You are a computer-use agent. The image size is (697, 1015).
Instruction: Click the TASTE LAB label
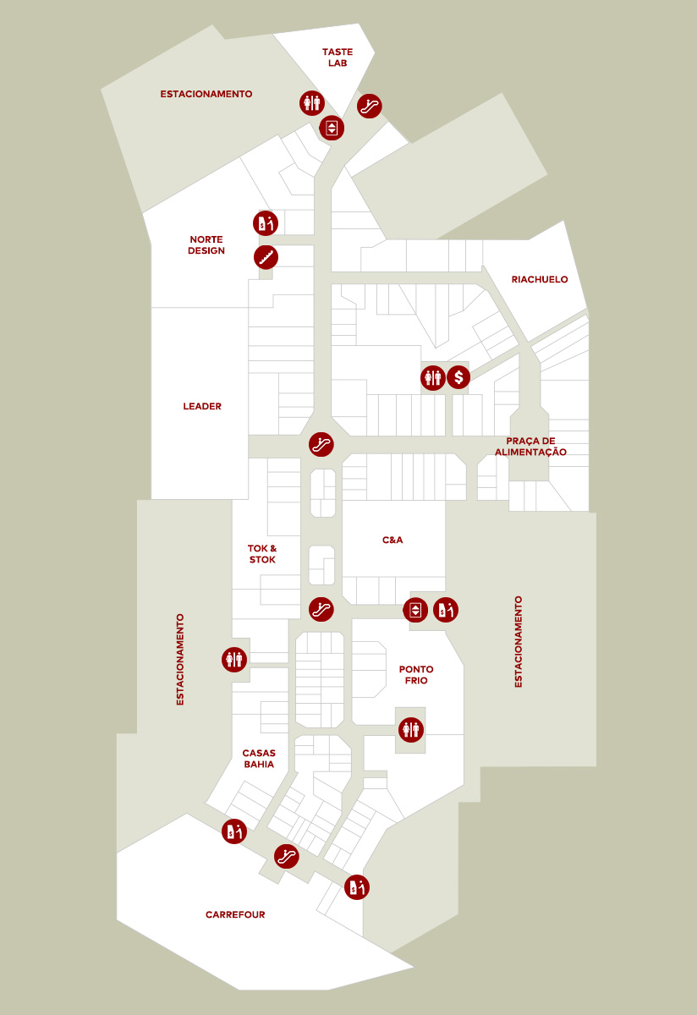click(x=337, y=58)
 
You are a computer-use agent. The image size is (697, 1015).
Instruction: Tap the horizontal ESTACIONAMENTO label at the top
click(x=206, y=94)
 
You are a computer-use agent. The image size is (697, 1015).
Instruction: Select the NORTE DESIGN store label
click(x=206, y=245)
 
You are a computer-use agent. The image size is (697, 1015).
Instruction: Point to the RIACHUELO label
click(x=540, y=279)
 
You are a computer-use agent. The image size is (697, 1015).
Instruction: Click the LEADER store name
click(x=202, y=407)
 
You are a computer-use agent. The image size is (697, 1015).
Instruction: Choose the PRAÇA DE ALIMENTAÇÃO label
click(x=536, y=447)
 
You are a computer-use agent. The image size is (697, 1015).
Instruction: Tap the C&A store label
click(x=392, y=540)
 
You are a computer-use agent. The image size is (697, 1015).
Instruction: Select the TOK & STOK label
click(x=262, y=554)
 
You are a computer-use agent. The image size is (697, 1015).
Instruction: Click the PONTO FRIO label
click(x=416, y=675)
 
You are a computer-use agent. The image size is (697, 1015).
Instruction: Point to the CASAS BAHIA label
click(x=259, y=759)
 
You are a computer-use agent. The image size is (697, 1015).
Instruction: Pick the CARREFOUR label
click(x=235, y=914)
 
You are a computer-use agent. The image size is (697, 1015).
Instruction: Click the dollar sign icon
click(x=458, y=377)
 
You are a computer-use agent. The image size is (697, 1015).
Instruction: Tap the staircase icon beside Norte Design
click(x=266, y=257)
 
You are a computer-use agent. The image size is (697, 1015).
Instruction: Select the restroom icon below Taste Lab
click(x=312, y=103)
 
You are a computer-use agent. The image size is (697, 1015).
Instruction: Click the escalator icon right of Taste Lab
click(x=370, y=106)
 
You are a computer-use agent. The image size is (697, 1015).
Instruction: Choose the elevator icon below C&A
click(x=415, y=609)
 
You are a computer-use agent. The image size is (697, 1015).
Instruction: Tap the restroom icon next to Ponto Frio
click(x=411, y=729)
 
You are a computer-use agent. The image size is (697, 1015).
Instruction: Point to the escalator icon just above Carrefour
click(x=287, y=855)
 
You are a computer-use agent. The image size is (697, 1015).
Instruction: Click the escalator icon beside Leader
click(x=321, y=444)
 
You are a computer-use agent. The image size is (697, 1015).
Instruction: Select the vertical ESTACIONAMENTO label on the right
click(x=519, y=641)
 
